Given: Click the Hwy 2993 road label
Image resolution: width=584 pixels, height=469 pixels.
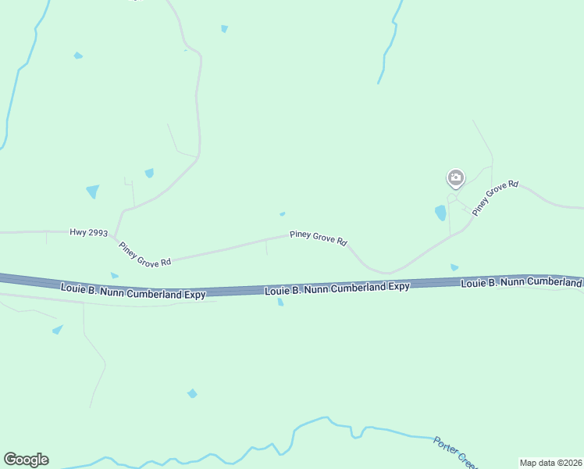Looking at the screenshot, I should click(87, 232).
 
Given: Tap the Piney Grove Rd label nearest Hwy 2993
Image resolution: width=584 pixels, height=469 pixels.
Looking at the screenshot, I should click(144, 256).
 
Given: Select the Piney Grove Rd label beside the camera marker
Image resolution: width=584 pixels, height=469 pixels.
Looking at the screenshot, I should click(495, 199).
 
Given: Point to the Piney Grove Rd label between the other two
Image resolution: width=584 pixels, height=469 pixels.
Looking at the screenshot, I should click(318, 238).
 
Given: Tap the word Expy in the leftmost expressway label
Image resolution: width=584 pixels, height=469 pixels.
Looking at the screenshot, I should click(194, 294).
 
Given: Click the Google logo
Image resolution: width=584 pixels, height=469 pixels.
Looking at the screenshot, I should click(26, 460).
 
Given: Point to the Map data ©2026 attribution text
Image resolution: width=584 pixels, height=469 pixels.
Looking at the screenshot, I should click(550, 463).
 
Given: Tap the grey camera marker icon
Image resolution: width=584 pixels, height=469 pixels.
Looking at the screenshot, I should click(456, 178).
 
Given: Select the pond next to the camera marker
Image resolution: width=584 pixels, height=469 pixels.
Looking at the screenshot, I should click(440, 213).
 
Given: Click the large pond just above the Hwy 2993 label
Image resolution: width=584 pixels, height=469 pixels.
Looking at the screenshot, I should click(93, 192).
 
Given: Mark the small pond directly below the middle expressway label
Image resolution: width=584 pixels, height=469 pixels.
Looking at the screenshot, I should click(280, 303).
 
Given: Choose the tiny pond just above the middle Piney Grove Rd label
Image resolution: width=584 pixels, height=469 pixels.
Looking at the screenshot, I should click(282, 214).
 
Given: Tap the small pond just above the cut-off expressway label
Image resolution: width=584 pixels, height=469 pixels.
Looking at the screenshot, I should click(454, 267).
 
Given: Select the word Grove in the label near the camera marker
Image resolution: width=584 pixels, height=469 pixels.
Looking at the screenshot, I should click(497, 197).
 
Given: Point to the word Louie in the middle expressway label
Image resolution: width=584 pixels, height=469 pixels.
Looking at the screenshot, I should click(277, 291).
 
